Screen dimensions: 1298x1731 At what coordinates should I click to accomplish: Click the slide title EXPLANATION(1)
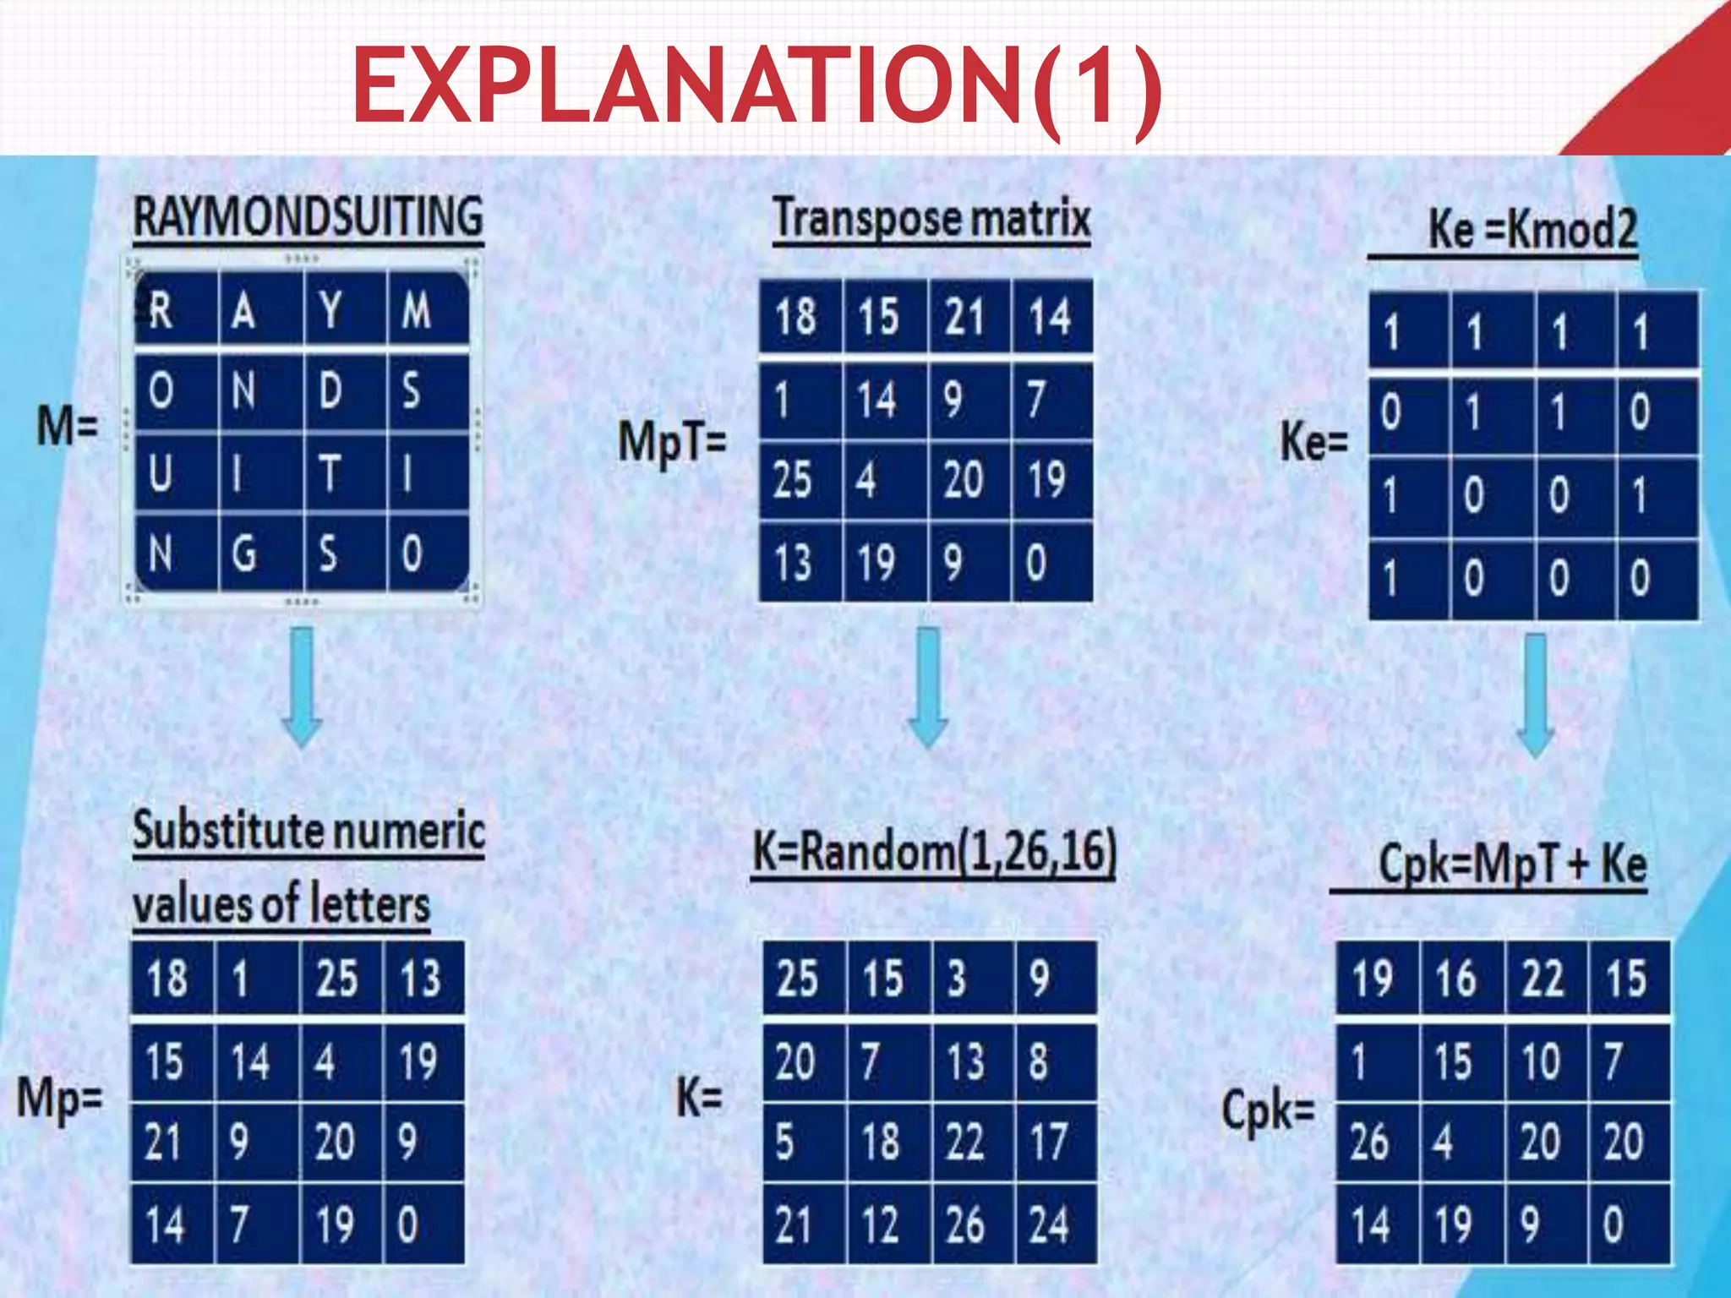756,87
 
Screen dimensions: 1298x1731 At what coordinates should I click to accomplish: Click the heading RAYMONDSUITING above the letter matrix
309,216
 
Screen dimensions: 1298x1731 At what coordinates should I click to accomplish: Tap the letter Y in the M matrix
330,310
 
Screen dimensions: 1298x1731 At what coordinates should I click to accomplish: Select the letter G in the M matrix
243,554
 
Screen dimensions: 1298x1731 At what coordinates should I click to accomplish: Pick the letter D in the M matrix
330,391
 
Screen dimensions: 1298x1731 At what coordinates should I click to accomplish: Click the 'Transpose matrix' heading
931,218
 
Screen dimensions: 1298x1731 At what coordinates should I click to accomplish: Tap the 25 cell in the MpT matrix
793,480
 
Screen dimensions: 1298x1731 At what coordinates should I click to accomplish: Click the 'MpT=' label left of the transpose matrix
672,442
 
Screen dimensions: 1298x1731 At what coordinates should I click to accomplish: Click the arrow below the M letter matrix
302,686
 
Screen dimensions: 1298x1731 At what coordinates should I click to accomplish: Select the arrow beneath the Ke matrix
1535,695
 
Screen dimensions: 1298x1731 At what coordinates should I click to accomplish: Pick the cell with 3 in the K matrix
957,979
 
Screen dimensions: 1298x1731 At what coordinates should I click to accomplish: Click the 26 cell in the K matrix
964,1224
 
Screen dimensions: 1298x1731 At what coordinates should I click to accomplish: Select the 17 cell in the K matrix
1048,1143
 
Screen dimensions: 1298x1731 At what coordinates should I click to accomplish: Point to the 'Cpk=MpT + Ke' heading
1513,864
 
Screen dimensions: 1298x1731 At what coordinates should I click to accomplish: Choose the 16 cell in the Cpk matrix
1455,979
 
